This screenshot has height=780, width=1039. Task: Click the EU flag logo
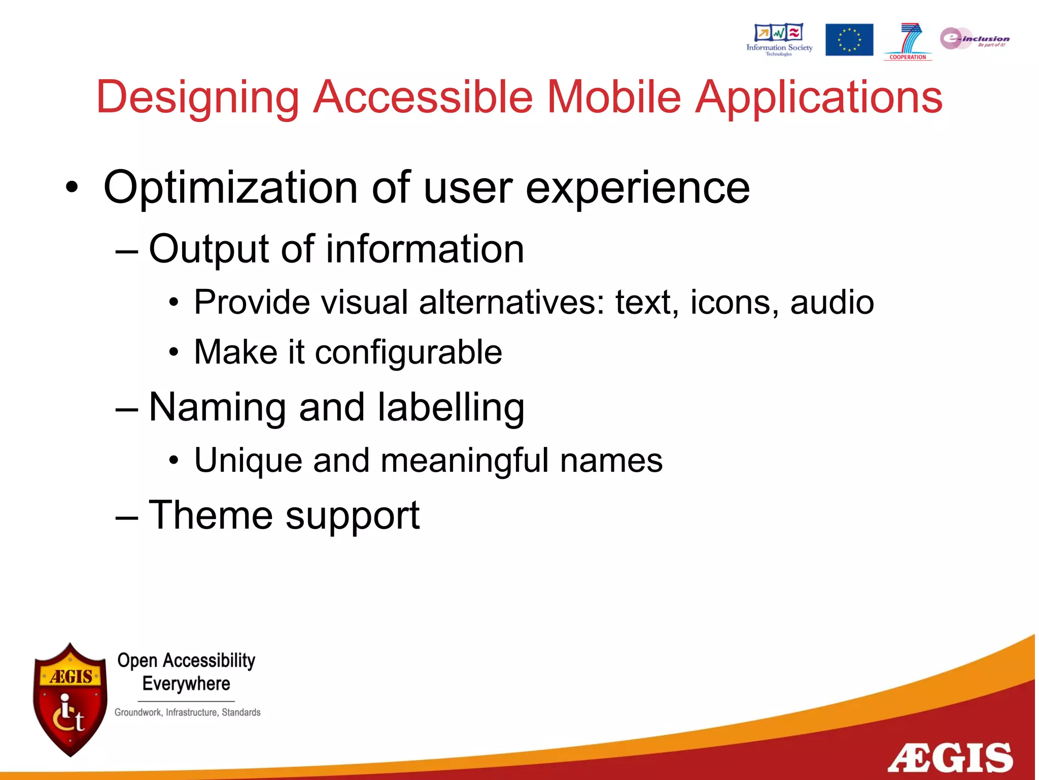pos(849,40)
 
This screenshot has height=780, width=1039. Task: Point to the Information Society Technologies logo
pos(779,40)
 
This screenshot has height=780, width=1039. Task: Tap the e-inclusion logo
pos(974,39)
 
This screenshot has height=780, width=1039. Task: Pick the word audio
pos(832,302)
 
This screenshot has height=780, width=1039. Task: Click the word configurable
pos(408,353)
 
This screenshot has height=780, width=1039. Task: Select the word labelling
pos(451,408)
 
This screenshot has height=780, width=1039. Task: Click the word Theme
pos(210,515)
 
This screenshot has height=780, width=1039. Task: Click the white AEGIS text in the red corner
pos(950,758)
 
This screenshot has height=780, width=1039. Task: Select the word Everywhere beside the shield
pos(186,684)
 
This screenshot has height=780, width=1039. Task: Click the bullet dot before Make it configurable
pos(174,352)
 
